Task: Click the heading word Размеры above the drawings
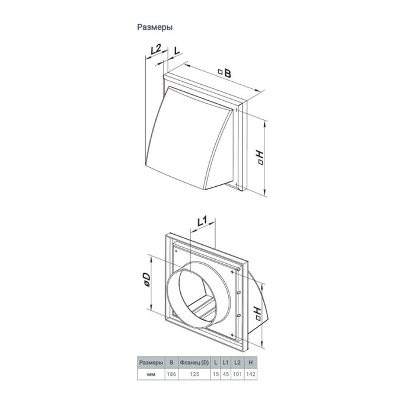tap(155, 27)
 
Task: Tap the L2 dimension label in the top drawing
tap(156, 49)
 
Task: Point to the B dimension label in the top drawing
tap(225, 72)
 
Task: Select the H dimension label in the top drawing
tap(260, 157)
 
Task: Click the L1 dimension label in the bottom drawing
tap(202, 221)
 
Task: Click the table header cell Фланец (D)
tap(194, 362)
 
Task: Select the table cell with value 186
tap(171, 374)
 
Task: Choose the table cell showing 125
tap(194, 374)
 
